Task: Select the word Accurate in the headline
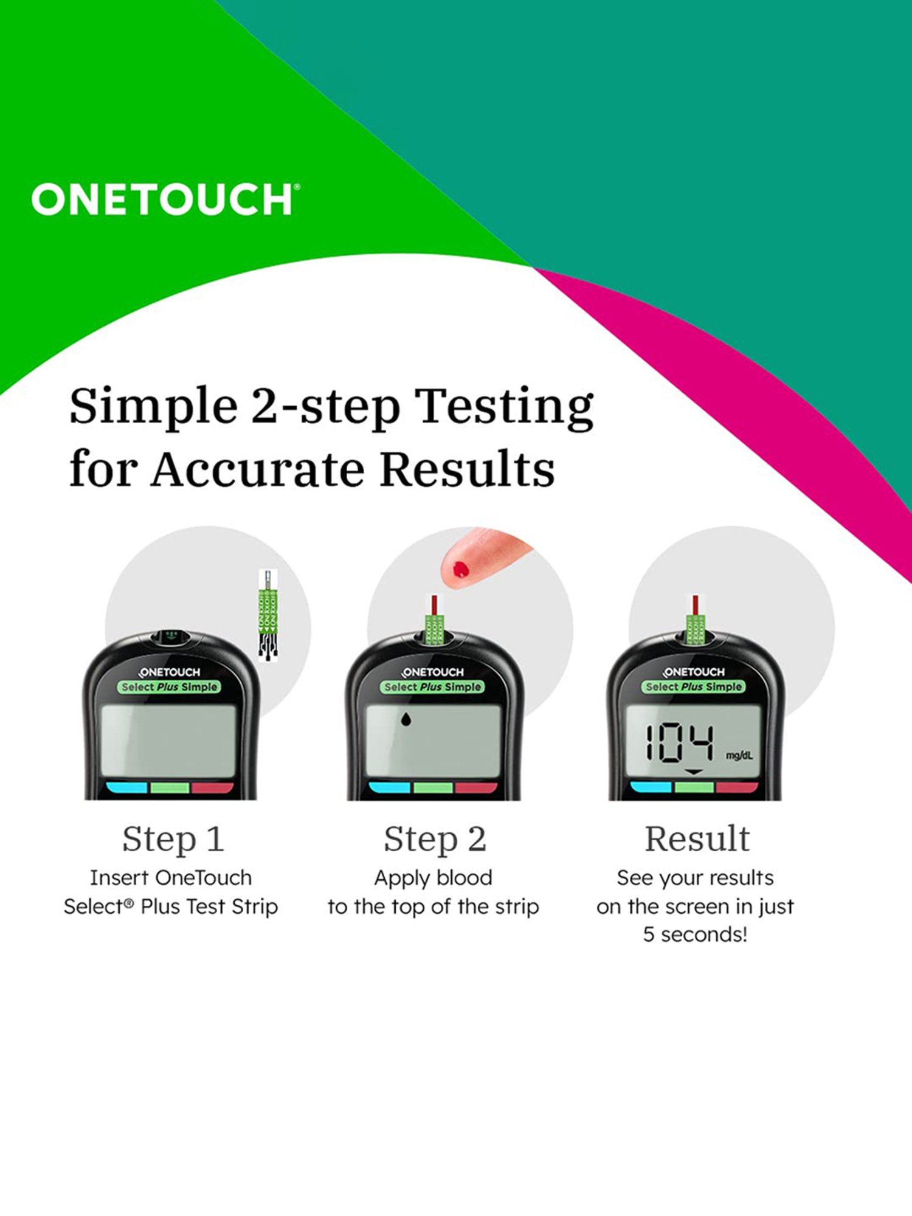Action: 257,469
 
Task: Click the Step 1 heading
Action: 173,839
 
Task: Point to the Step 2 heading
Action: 435,839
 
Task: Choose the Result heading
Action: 697,839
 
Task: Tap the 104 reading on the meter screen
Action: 679,742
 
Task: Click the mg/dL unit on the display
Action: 739,756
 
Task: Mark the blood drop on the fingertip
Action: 460,570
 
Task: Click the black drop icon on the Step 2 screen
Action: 406,720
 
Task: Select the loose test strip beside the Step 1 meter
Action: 268,615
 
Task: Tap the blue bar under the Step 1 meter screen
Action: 127,788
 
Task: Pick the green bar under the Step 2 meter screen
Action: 433,788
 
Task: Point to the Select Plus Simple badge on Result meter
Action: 693,686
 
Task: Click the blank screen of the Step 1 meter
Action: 168,740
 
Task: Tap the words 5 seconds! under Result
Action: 695,934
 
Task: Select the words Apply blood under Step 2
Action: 433,878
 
